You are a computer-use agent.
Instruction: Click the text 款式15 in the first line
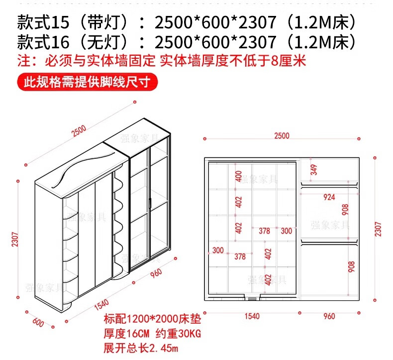pos(43,22)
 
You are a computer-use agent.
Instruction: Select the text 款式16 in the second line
pos(43,42)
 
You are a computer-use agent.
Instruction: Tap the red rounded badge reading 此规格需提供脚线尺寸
pos(87,82)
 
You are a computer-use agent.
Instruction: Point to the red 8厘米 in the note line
pos(288,60)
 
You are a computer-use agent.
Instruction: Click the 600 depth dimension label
pos(38,322)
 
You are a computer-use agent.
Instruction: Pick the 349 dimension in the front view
pos(313,170)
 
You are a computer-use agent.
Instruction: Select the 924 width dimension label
pos(329,197)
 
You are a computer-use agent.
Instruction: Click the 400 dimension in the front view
pos(239,176)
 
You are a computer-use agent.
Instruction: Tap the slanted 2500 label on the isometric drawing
pos(79,131)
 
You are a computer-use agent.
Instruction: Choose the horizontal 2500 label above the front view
pos(282,136)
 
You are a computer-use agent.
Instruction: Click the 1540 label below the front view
pos(252,316)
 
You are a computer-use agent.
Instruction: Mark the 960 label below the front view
pos(329,316)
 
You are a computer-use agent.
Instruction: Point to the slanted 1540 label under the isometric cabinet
pos(101,305)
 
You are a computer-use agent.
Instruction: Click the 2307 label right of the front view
pos(378,229)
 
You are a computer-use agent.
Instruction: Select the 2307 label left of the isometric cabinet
pos(15,240)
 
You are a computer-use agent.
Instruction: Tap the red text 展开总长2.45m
pos(141,349)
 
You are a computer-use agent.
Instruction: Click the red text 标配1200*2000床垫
pos(152,319)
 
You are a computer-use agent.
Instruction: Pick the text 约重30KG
pos(178,334)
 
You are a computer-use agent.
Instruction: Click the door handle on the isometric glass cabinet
pos(150,203)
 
